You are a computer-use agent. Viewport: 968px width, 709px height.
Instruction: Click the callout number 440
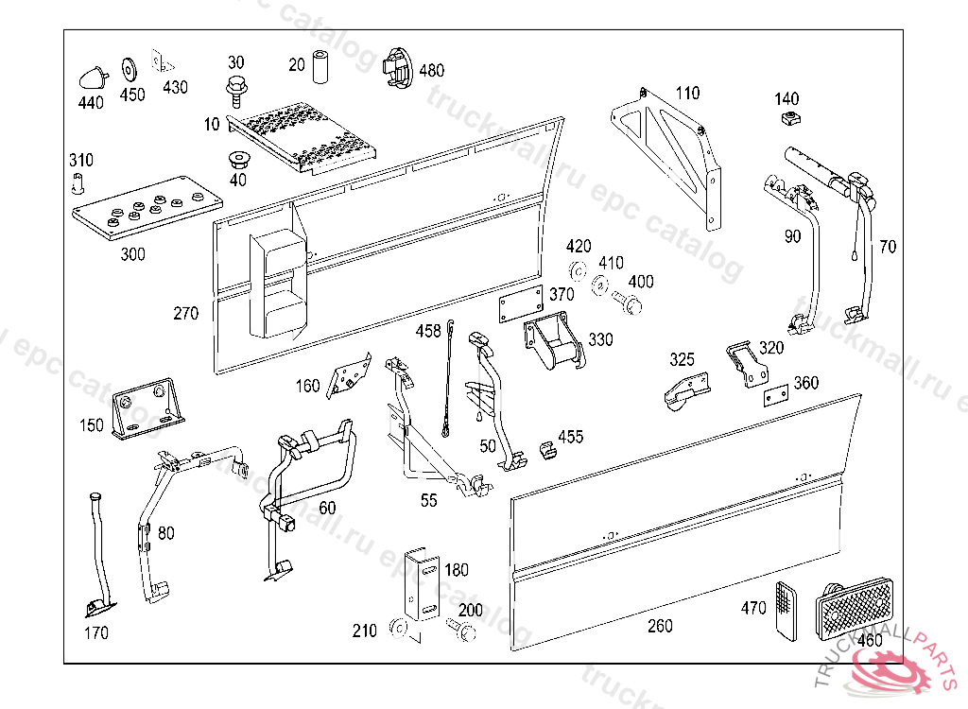click(91, 103)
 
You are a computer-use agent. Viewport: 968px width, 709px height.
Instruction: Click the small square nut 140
click(786, 118)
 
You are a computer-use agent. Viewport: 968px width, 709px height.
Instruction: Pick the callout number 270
click(186, 313)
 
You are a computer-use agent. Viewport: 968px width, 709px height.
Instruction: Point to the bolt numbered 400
click(628, 303)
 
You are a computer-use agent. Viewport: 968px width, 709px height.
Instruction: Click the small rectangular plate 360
click(777, 395)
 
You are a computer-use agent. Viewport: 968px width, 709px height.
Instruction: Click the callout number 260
click(660, 626)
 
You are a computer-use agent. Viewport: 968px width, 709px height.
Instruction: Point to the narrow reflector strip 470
click(784, 608)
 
